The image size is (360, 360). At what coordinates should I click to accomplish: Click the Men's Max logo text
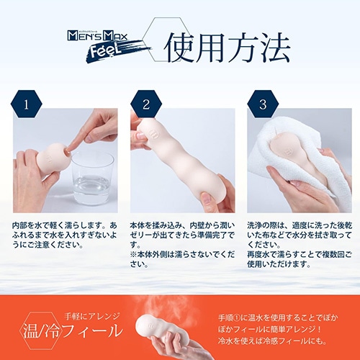[x=97, y=36]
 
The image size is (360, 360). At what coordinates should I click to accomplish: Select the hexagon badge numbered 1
[x=26, y=104]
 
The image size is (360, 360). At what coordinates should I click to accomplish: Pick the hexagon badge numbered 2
[x=146, y=104]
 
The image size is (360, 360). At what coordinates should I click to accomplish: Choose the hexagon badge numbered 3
[x=263, y=104]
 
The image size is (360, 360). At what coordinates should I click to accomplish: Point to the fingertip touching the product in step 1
[x=68, y=150]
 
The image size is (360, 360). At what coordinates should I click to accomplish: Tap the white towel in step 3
[x=300, y=163]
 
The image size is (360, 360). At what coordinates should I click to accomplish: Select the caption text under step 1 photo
[x=65, y=235]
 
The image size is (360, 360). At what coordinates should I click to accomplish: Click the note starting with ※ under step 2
[x=182, y=259]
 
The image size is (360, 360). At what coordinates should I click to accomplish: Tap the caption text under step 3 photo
[x=300, y=245]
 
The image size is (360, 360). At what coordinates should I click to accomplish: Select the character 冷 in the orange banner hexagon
[x=51, y=330]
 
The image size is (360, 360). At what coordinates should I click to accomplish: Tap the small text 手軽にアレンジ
[x=92, y=316]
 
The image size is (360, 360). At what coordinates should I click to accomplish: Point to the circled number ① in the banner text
[x=237, y=318]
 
